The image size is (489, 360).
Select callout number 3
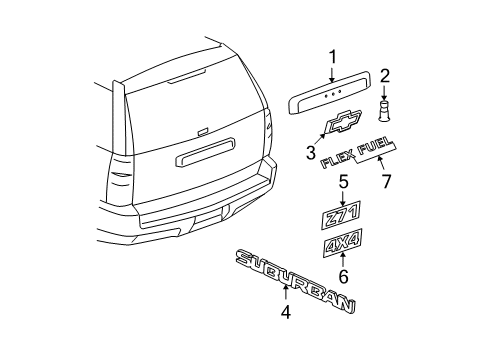(x=311, y=152)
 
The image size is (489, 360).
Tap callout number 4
(x=285, y=312)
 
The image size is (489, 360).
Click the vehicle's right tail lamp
(x=271, y=128)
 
